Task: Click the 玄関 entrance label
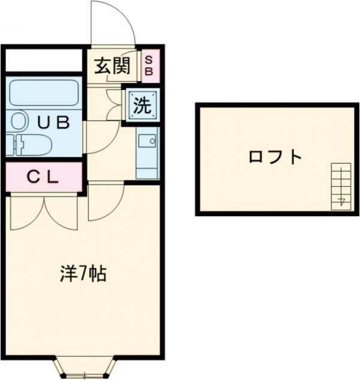point(112,65)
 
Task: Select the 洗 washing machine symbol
point(142,106)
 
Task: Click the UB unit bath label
point(54,122)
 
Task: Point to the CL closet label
point(43,177)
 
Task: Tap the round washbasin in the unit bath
point(19,122)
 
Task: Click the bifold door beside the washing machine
point(113,104)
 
